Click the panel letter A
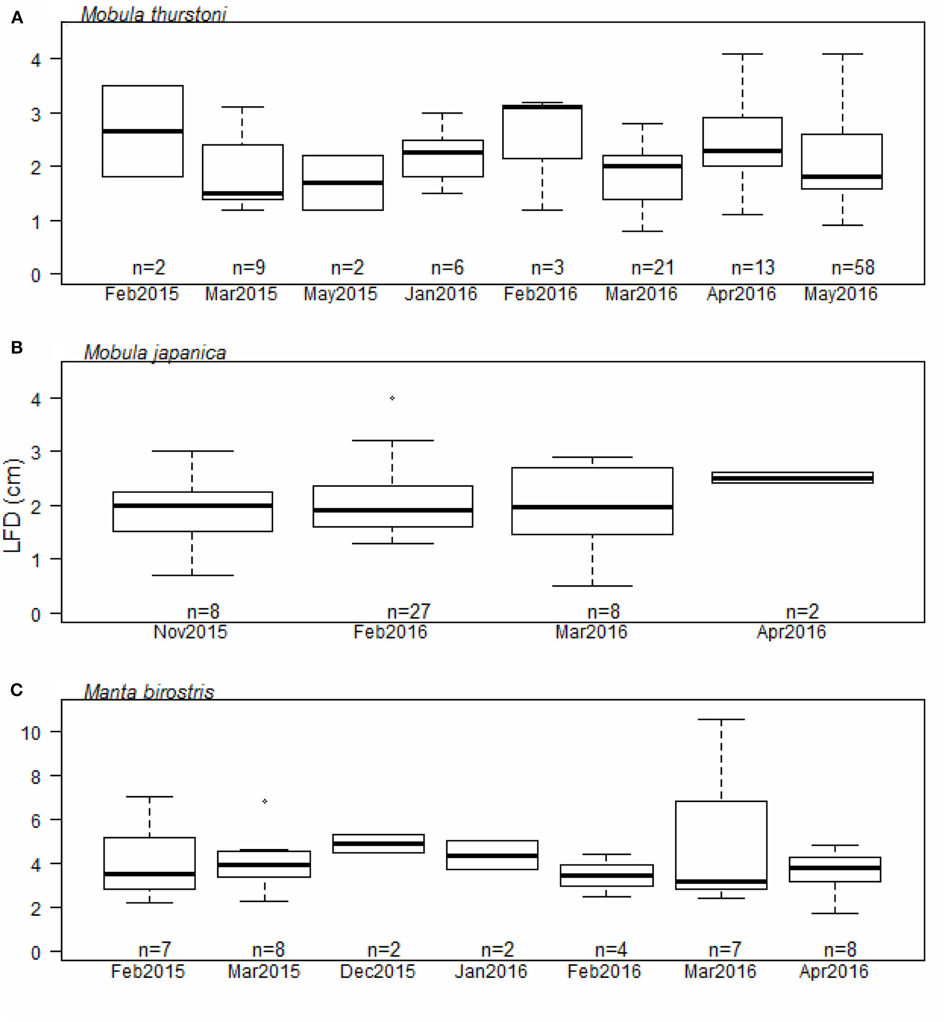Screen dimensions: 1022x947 coord(17,18)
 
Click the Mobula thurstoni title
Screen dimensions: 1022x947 coord(153,14)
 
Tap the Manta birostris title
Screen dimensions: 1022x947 coord(149,692)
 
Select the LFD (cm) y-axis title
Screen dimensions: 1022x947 coord(13,505)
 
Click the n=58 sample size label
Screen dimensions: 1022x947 coord(853,268)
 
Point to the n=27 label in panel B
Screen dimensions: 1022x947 coord(408,612)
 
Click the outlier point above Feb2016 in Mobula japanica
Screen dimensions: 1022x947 coord(392,398)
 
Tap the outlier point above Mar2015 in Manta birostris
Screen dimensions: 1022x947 coord(265,801)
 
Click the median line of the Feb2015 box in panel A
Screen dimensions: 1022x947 coord(142,131)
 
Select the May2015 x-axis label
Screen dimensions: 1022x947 coord(340,294)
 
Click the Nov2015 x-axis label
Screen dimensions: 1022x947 coord(190,632)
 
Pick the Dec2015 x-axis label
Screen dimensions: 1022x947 coord(377,971)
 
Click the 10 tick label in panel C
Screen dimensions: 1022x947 coord(31,733)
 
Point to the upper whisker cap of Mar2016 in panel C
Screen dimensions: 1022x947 coord(721,719)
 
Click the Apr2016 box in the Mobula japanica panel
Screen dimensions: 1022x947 coord(792,478)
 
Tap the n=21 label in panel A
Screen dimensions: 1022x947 coord(652,268)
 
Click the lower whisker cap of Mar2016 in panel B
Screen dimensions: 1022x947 coord(592,586)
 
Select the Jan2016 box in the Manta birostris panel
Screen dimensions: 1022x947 coord(492,855)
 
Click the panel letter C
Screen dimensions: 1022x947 coord(16,690)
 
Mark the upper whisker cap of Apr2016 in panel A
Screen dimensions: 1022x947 coord(742,54)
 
